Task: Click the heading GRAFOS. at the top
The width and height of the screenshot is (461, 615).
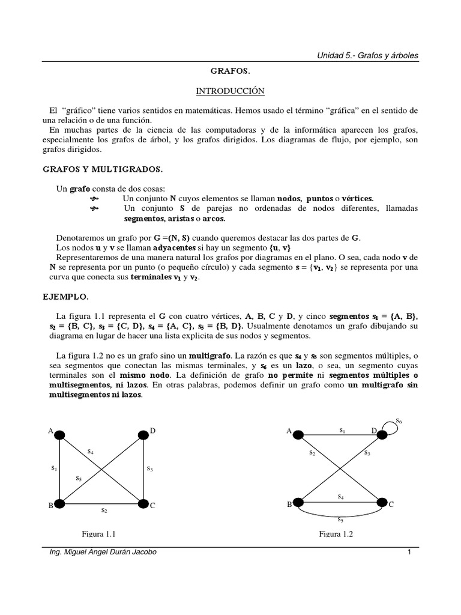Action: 230,71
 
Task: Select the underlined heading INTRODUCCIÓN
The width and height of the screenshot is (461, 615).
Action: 230,91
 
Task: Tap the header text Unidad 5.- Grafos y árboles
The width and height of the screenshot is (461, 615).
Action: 367,55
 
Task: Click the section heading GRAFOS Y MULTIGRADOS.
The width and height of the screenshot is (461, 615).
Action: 102,169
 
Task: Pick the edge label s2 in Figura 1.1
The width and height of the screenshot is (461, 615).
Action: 104,510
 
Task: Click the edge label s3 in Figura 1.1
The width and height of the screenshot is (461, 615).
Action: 150,467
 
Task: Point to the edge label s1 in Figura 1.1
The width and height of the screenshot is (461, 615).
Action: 53,467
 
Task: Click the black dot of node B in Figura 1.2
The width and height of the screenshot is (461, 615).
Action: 298,503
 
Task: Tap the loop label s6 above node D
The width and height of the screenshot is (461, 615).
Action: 399,422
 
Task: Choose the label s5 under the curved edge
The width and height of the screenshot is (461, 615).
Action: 340,520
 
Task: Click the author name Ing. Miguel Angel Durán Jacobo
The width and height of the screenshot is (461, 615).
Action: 103,553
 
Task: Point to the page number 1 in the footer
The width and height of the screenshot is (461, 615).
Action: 408,553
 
